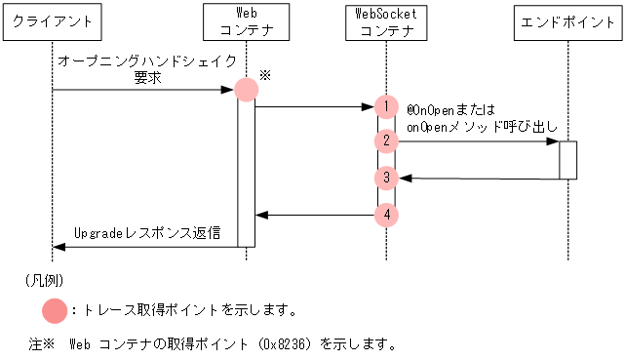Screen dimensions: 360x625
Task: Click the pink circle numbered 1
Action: point(387,106)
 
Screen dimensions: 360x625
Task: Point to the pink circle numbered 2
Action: point(387,141)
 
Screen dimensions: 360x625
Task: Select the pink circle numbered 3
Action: point(387,178)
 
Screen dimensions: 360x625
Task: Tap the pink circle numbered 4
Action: point(387,214)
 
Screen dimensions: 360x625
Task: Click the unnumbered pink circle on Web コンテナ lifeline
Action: point(246,90)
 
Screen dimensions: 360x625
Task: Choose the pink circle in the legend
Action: point(56,310)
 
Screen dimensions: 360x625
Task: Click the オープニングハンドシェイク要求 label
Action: point(146,69)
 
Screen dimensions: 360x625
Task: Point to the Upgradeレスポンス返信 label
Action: point(147,234)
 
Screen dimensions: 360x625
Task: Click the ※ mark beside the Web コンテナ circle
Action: point(265,74)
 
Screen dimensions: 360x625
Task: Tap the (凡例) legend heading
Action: point(45,280)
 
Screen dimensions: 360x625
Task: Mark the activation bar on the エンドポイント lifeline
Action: point(567,160)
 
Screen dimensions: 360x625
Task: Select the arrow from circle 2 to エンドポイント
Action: point(478,141)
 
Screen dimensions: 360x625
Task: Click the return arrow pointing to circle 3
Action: point(478,178)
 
